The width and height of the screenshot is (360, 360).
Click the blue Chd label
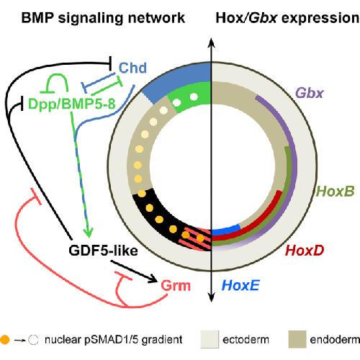coord(132,68)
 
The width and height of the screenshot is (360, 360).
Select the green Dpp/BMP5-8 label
coord(72,104)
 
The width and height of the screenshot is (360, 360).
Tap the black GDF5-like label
coord(103,251)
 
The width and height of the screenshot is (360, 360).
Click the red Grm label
coord(176,286)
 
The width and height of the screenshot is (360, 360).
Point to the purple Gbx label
coord(310,93)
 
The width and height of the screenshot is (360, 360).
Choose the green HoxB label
coord(336,191)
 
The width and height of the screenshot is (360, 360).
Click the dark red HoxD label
coord(305,250)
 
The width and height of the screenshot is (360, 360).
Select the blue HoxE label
coord(240,285)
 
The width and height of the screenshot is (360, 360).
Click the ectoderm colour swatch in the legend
coord(210,339)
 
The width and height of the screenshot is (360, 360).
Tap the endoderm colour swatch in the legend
coord(297,339)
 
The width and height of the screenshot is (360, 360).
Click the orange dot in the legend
coord(4,340)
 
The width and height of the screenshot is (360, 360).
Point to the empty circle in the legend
coord(33,340)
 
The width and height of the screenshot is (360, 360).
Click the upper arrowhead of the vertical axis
coord(211,42)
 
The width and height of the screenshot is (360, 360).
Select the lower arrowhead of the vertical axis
coord(211,297)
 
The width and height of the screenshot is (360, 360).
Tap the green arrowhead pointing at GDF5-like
coord(88,233)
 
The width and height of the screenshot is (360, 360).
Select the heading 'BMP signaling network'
coord(103,18)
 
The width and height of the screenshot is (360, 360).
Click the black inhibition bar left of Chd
coord(110,63)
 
